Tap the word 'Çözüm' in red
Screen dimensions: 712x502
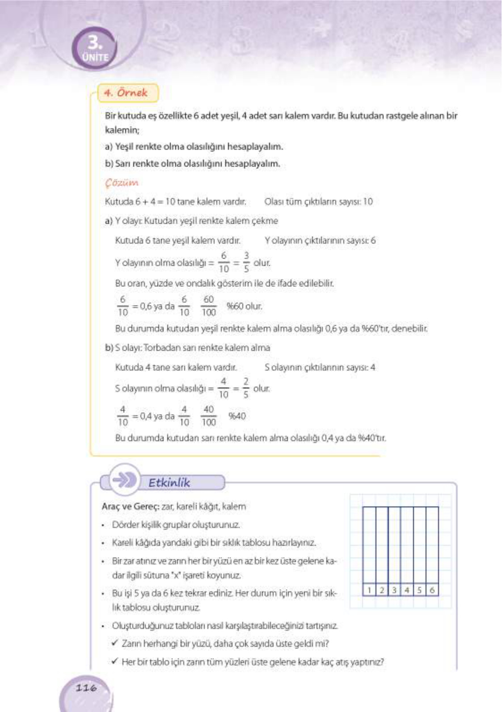point(122,183)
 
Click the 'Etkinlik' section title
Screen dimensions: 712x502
point(169,482)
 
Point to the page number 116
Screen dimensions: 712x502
point(86,687)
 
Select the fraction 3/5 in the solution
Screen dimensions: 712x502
point(246,262)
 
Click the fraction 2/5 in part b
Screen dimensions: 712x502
point(246,388)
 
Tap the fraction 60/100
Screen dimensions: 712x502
point(209,306)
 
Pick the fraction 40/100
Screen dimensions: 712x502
point(209,416)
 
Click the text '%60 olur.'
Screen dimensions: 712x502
point(244,306)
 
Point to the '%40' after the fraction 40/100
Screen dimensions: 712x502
point(237,416)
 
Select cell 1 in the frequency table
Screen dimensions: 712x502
point(369,590)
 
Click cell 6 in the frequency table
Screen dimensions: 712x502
point(432,590)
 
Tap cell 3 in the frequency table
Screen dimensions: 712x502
point(394,590)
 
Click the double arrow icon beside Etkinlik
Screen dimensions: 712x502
point(124,480)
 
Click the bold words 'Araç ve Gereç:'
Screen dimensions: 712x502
point(130,507)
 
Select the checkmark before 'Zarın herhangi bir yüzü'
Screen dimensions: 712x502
point(115,643)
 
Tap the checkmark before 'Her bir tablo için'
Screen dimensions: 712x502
point(115,661)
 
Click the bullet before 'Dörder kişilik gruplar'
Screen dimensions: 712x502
point(103,525)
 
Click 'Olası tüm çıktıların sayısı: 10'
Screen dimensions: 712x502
point(318,201)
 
